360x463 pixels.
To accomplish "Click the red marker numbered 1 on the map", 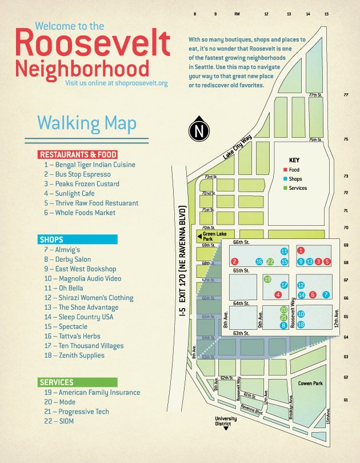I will coord(301,250).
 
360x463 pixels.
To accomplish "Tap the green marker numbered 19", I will coord(267,279).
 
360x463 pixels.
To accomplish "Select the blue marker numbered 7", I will coord(326,295).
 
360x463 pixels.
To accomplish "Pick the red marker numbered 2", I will coord(234,262).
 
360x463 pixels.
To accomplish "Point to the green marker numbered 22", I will coord(270,262).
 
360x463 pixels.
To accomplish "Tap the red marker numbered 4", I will coord(278,295).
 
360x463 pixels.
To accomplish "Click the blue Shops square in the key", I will coord(285,179).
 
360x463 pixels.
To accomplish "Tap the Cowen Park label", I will coord(313,384).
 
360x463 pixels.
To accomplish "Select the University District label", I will coord(226,421).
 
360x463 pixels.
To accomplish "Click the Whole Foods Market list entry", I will coord(79,213).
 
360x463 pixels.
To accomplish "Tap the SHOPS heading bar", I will coord(77,240).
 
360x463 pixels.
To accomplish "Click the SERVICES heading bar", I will coord(77,382).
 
